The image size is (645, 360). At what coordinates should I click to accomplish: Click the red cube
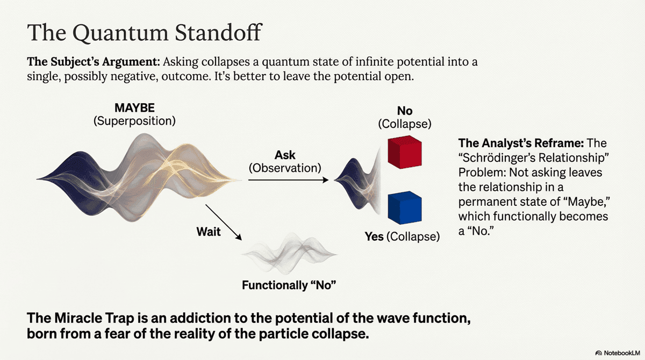click(x=405, y=152)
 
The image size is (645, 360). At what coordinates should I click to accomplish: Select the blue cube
click(x=405, y=208)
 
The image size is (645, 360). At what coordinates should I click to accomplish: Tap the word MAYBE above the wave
click(x=134, y=108)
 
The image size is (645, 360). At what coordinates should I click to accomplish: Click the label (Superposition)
click(x=134, y=121)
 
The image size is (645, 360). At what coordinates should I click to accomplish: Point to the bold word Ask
click(x=285, y=155)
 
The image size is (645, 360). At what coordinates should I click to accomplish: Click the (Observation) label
click(x=285, y=168)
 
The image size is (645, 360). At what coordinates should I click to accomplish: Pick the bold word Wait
click(x=209, y=232)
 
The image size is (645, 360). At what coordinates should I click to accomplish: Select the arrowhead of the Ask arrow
click(x=326, y=180)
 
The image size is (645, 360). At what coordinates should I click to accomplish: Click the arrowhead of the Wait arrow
click(x=239, y=237)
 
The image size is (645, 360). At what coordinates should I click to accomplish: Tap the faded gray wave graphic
click(x=289, y=254)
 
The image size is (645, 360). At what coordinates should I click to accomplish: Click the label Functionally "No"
click(x=289, y=285)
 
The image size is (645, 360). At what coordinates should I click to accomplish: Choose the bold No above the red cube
click(x=405, y=111)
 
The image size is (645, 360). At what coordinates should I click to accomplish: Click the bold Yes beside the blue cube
click(x=374, y=236)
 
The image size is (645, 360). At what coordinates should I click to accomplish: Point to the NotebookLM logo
click(x=618, y=353)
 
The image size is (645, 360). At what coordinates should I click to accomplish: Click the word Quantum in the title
click(x=120, y=33)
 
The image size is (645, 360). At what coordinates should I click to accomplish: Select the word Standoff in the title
click(x=218, y=33)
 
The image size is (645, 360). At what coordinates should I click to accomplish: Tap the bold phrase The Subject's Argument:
click(x=94, y=62)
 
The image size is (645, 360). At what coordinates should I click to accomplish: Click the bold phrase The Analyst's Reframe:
click(x=521, y=143)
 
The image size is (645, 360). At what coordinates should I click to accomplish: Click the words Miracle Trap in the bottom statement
click(x=94, y=318)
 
